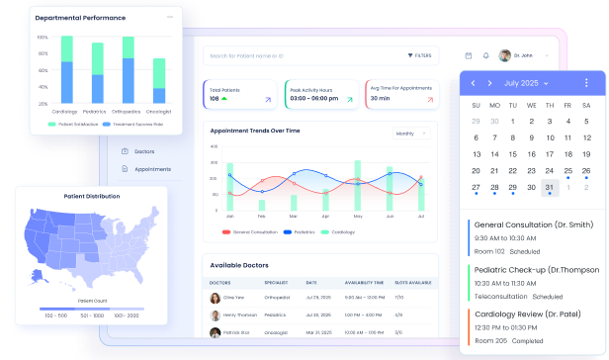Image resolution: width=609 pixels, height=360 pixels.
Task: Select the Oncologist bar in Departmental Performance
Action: [158, 80]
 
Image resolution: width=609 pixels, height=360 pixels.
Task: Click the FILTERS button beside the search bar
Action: [419, 55]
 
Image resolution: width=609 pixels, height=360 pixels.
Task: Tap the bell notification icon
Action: [485, 55]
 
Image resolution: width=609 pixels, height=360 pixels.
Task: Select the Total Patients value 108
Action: [215, 99]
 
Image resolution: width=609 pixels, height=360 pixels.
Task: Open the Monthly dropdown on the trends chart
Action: [408, 133]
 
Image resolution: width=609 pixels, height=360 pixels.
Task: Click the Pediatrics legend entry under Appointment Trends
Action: [300, 231]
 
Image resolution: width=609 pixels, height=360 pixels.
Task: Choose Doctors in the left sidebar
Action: [144, 151]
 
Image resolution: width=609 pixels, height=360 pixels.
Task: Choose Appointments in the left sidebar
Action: [152, 169]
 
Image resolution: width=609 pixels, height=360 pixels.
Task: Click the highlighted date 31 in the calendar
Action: [550, 187]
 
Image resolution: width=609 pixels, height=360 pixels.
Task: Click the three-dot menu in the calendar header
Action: [586, 83]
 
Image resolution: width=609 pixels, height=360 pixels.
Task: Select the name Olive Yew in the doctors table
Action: [233, 297]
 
